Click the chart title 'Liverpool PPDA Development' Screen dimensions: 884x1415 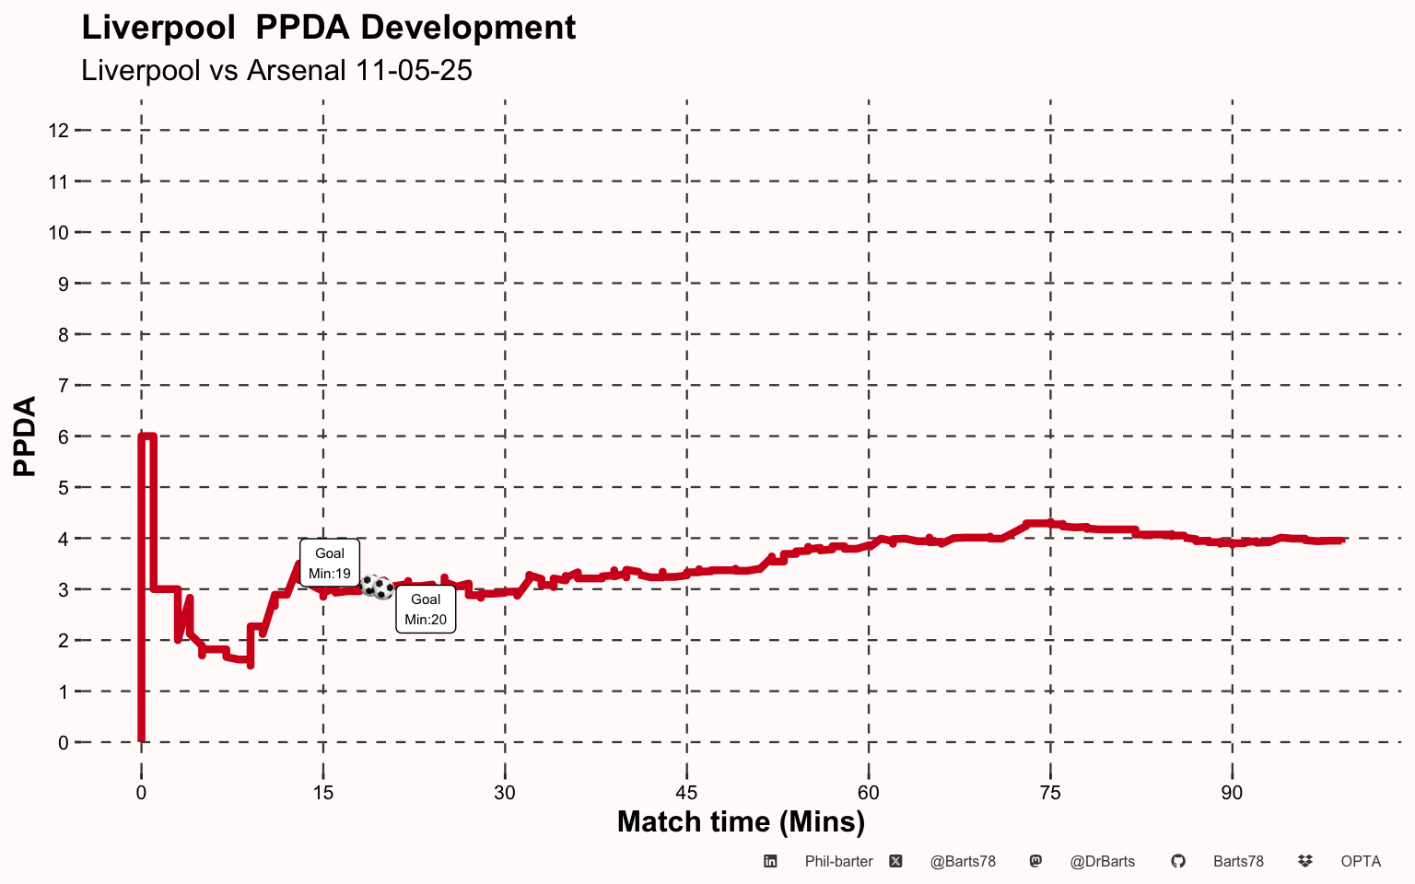(x=328, y=28)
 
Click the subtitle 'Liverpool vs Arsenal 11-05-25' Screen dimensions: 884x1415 (x=276, y=70)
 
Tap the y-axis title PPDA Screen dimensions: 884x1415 (x=25, y=436)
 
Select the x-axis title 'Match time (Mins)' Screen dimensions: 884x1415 (x=741, y=821)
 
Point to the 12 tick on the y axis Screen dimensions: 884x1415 (x=59, y=131)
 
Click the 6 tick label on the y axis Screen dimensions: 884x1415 (x=63, y=436)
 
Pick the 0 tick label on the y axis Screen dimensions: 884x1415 (x=63, y=742)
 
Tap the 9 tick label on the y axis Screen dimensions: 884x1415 (x=63, y=284)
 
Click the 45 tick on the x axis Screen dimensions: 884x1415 (x=686, y=793)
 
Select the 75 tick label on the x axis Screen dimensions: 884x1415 (x=1050, y=793)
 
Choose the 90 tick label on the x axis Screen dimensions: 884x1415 (x=1232, y=793)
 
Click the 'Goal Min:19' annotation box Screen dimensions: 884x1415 (x=330, y=563)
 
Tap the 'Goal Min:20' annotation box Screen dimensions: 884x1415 (x=426, y=609)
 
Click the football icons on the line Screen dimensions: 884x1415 (x=377, y=587)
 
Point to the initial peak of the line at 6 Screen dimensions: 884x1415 (x=147, y=436)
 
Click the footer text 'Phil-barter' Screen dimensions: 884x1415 (x=838, y=862)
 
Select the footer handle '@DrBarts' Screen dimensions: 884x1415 (x=1102, y=862)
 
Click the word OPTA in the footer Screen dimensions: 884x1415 (x=1361, y=862)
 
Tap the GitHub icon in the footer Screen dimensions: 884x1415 (x=1177, y=862)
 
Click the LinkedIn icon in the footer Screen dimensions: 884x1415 (x=770, y=862)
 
